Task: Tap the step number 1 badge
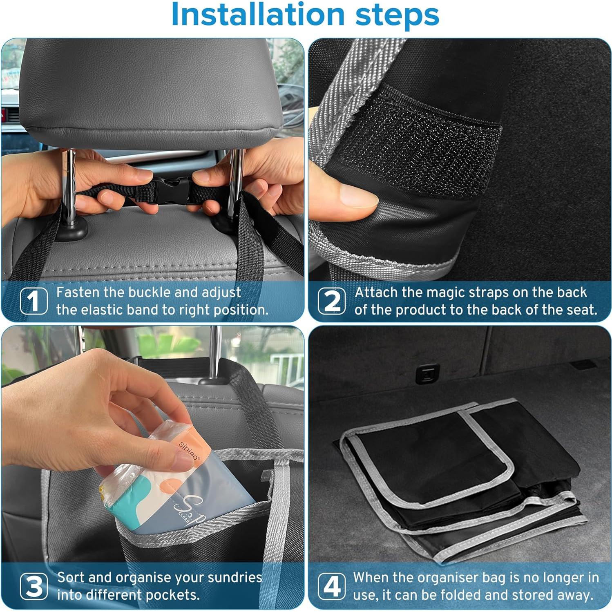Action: tap(34, 301)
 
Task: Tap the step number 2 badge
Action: tap(331, 301)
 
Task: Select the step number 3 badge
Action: tap(34, 586)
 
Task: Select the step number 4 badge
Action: tap(331, 586)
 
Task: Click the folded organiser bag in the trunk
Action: tap(462, 478)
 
